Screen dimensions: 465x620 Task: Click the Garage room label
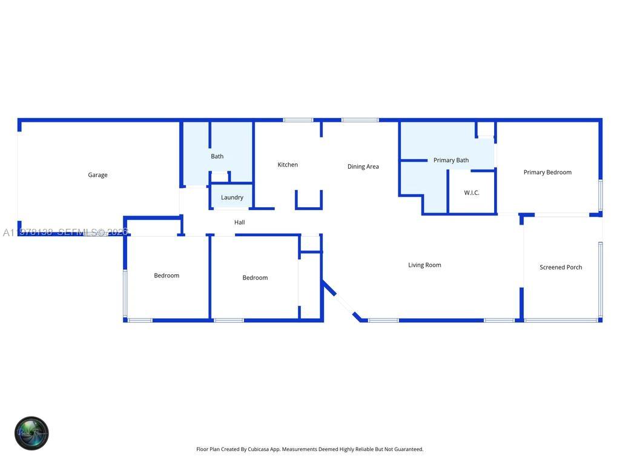pyautogui.click(x=97, y=175)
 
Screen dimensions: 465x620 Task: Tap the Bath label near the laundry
pyautogui.click(x=217, y=156)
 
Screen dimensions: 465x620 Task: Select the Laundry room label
pyautogui.click(x=232, y=197)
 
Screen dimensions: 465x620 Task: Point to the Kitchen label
pyautogui.click(x=288, y=165)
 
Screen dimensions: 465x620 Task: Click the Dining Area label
pyautogui.click(x=363, y=167)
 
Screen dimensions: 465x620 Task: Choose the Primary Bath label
pyautogui.click(x=451, y=160)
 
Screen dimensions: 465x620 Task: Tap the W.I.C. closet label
pyautogui.click(x=472, y=193)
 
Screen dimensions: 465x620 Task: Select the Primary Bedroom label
pyautogui.click(x=547, y=172)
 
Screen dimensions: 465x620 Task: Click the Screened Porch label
pyautogui.click(x=561, y=267)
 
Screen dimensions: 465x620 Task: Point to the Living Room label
pyautogui.click(x=424, y=265)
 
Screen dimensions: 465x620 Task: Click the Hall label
pyautogui.click(x=240, y=222)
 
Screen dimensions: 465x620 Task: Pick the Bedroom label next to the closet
pyautogui.click(x=255, y=278)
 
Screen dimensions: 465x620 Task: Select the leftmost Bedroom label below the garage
pyautogui.click(x=167, y=275)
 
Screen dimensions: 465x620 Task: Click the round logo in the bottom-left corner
pyautogui.click(x=31, y=433)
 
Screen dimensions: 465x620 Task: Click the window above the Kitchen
pyautogui.click(x=298, y=120)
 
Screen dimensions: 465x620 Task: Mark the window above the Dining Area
pyautogui.click(x=360, y=120)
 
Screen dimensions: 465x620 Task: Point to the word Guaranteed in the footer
pyautogui.click(x=408, y=449)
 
